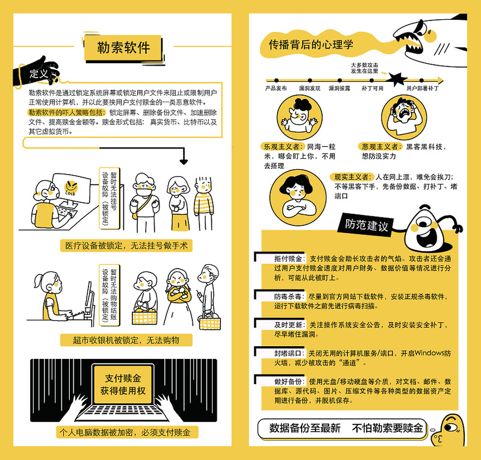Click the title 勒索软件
[x=123, y=48]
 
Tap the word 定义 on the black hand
[x=39, y=73]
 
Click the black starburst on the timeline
[x=397, y=79]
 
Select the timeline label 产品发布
[x=276, y=89]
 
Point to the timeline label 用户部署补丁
[x=423, y=89]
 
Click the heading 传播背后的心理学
[x=311, y=45]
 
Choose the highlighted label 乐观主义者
[x=282, y=147]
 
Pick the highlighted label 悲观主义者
[x=380, y=147]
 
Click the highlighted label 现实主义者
[x=352, y=177]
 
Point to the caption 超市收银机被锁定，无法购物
[x=126, y=340]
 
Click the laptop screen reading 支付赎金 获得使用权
[x=123, y=384]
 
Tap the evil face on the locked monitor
[x=71, y=187]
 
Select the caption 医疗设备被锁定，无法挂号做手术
[x=126, y=246]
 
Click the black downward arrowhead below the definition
[x=184, y=161]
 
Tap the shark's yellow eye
[x=430, y=36]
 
